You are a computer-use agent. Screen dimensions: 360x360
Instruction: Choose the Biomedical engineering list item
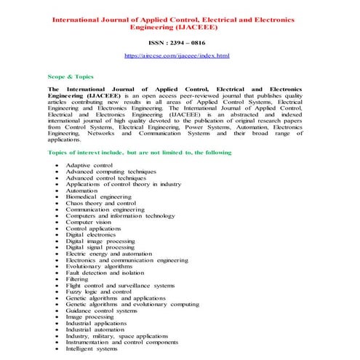click(x=98, y=197)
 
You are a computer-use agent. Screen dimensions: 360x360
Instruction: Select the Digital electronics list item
click(x=91, y=236)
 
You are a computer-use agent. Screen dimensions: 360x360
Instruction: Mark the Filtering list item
click(x=77, y=279)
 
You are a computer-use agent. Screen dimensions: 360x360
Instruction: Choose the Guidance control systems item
click(x=101, y=311)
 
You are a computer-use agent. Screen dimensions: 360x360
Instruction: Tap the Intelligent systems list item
click(x=92, y=348)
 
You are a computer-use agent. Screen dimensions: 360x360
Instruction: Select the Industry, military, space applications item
click(x=116, y=336)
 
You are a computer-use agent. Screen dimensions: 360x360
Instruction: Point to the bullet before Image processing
click(x=57, y=317)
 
